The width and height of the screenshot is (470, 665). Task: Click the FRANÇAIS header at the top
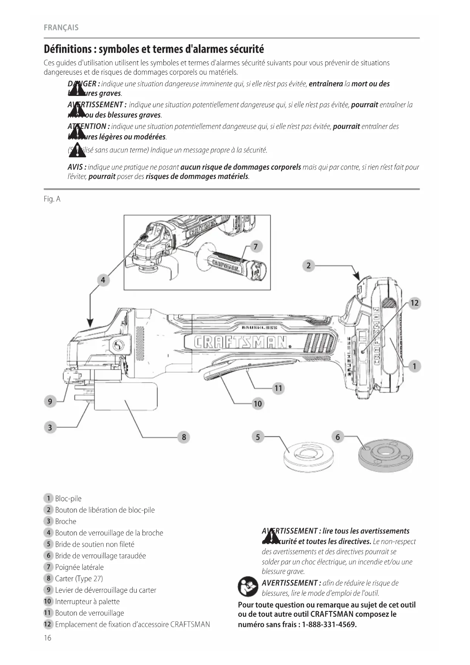(61, 28)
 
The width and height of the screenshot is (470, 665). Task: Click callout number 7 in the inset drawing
(256, 247)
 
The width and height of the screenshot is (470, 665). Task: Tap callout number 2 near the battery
(308, 265)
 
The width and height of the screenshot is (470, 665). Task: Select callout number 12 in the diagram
(415, 303)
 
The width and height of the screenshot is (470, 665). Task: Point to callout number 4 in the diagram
(103, 280)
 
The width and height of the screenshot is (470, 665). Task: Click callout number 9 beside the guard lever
(50, 401)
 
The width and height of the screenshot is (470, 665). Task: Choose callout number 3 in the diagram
(50, 428)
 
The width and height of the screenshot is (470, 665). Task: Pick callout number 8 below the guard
(184, 437)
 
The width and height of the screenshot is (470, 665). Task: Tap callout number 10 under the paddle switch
(258, 404)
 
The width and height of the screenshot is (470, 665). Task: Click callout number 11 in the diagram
(278, 388)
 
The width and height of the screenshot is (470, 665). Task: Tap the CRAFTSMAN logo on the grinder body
(239, 342)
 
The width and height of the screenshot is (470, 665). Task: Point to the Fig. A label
(52, 199)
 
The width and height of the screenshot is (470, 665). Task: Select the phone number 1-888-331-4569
(329, 624)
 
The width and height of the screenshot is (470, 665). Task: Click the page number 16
(47, 638)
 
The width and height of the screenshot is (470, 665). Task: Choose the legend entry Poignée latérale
(79, 567)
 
